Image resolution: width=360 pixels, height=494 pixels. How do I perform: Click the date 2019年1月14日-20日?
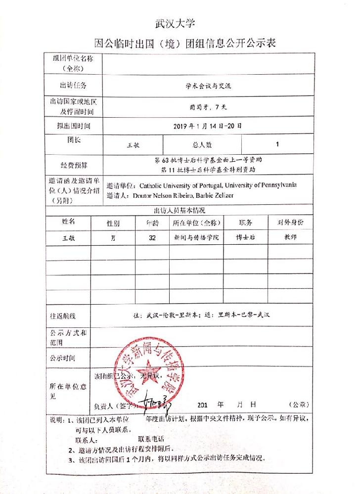[x=208, y=126]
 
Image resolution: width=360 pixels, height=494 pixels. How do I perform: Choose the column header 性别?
[x=113, y=223]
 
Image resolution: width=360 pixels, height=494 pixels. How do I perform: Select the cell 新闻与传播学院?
[x=196, y=237]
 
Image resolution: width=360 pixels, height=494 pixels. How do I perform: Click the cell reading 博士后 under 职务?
[x=245, y=237]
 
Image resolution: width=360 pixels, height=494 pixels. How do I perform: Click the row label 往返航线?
[x=63, y=315]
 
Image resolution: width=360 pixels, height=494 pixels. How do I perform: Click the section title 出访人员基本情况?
[x=180, y=210]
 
